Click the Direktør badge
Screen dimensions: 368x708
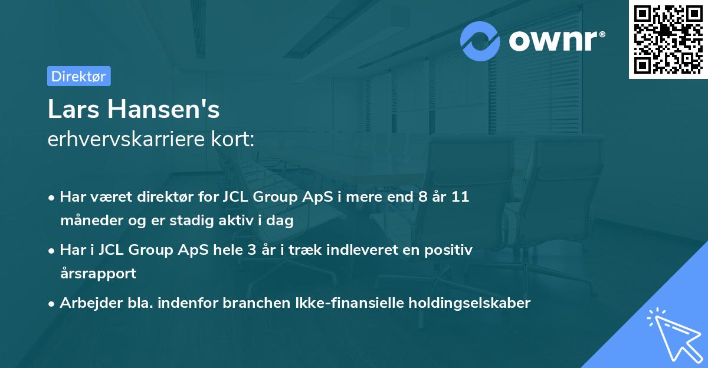(x=78, y=76)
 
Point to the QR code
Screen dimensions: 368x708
(x=668, y=39)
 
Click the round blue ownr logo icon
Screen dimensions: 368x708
(x=481, y=41)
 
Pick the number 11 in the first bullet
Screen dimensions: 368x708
(x=460, y=197)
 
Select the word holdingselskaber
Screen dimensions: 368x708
(x=464, y=303)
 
